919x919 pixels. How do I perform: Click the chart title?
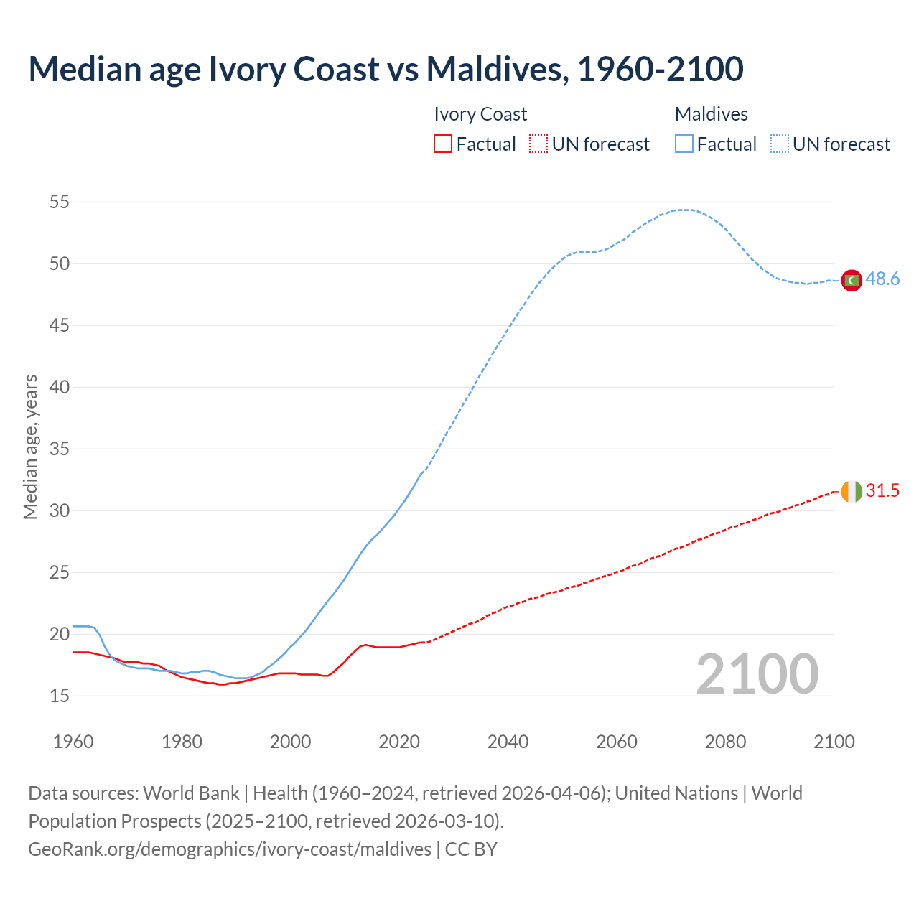pos(386,69)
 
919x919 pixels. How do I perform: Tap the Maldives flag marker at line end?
pos(852,280)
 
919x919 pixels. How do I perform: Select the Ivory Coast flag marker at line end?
pos(852,492)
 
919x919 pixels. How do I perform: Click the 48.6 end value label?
pos(882,279)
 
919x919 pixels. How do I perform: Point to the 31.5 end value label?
pos(882,491)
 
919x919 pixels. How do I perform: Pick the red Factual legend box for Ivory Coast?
pos(443,144)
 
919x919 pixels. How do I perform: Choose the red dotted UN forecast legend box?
pos(538,144)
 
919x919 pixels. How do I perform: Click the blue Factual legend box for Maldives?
pos(684,144)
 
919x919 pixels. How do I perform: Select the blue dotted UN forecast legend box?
pos(780,144)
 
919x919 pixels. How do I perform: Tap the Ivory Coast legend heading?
pos(480,114)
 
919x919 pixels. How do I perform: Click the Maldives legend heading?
pos(711,114)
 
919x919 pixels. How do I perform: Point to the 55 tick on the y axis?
pos(60,202)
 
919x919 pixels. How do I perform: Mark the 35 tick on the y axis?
pos(60,449)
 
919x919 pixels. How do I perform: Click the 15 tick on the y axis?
pos(60,696)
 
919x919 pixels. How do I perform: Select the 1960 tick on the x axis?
pos(73,742)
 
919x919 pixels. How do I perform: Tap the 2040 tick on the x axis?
pos(508,742)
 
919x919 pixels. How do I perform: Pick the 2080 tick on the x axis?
pos(725,742)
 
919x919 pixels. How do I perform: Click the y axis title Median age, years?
pos(30,447)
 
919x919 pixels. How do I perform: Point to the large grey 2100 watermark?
pos(757,674)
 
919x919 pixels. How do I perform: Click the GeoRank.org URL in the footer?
pos(230,849)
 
